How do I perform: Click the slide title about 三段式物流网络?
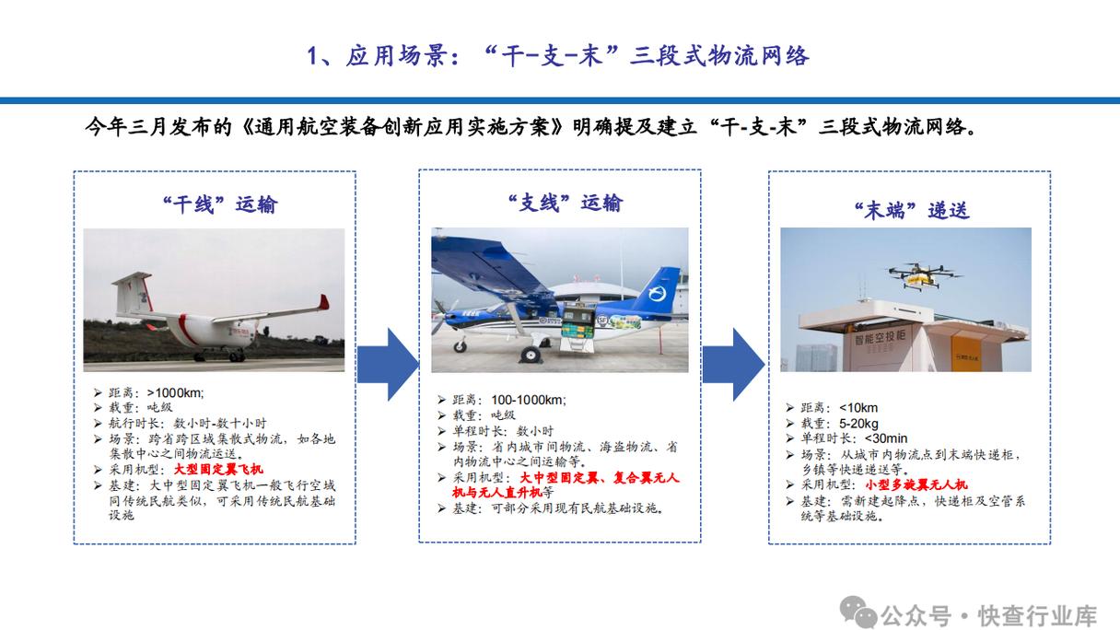[x=558, y=56]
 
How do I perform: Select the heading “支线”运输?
[x=565, y=203]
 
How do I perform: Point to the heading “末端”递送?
[x=911, y=210]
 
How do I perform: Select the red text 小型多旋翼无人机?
[x=916, y=484]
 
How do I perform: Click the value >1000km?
[x=175, y=392]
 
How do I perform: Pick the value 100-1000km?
[x=529, y=400]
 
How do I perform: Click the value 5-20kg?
[x=858, y=424]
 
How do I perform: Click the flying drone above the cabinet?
[x=918, y=273]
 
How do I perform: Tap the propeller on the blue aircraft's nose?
[x=440, y=317]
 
